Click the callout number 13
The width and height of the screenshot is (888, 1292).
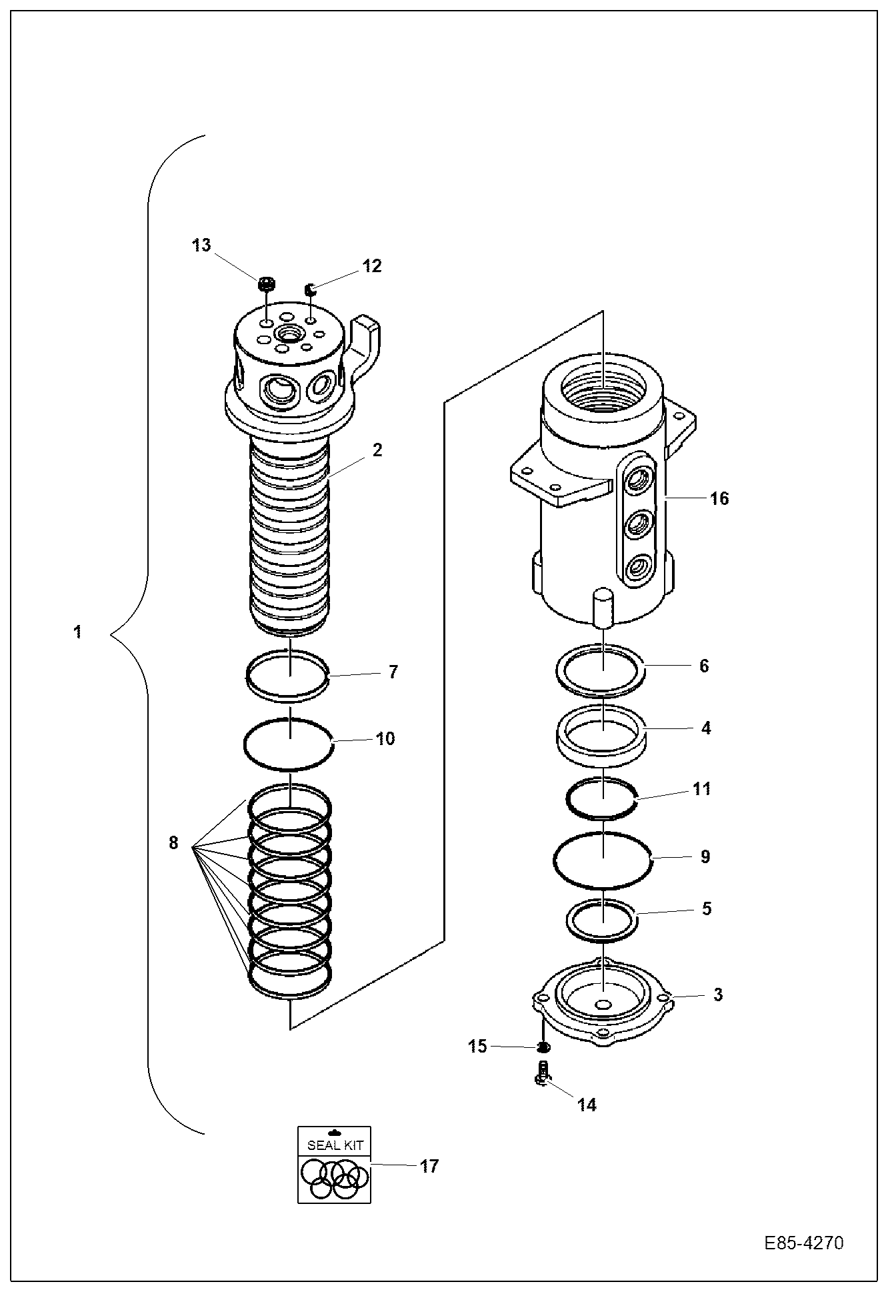coord(201,245)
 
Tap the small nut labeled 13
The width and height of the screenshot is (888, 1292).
coord(265,285)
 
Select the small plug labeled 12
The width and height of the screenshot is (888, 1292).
coord(310,289)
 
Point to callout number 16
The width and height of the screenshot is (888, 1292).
coord(720,498)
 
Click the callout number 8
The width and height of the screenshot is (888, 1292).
coord(173,843)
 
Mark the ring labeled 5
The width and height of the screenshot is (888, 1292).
coord(602,920)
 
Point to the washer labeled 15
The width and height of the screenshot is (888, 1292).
coord(543,1047)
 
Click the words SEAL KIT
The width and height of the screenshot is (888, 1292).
coord(335,1146)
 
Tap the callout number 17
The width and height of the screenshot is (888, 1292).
coord(430,1166)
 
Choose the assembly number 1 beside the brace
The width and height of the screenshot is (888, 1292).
coord(78,632)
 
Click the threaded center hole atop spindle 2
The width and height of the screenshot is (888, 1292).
coord(289,332)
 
